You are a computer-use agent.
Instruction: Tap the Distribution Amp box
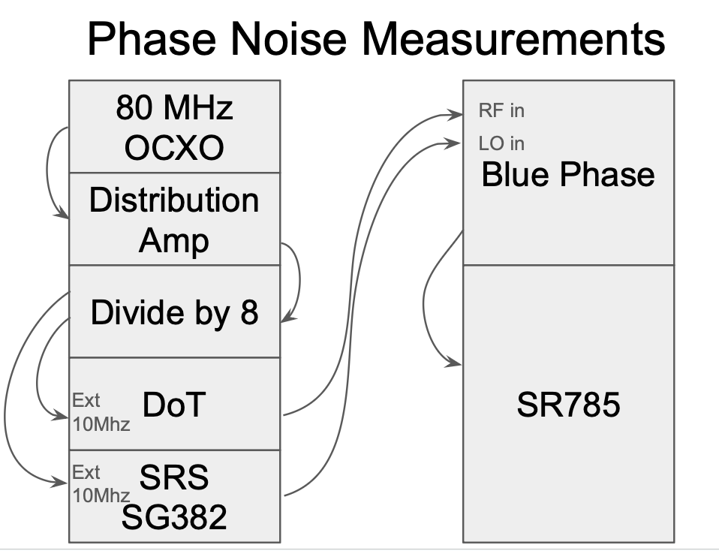[x=174, y=220]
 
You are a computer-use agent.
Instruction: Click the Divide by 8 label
[x=174, y=312]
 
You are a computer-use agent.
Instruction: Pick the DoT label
[x=173, y=405]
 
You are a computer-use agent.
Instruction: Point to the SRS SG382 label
[x=174, y=496]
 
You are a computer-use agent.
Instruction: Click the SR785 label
[x=568, y=405]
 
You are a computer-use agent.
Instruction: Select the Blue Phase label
[x=567, y=175]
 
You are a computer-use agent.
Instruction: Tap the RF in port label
[x=501, y=111]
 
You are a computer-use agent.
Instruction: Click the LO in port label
[x=501, y=143]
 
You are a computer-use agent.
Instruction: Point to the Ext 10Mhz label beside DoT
[x=101, y=412]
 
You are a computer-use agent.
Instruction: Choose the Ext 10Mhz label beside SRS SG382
[x=101, y=484]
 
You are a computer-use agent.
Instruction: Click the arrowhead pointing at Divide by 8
[x=286, y=321]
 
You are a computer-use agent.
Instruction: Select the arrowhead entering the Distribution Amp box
[x=63, y=217]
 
